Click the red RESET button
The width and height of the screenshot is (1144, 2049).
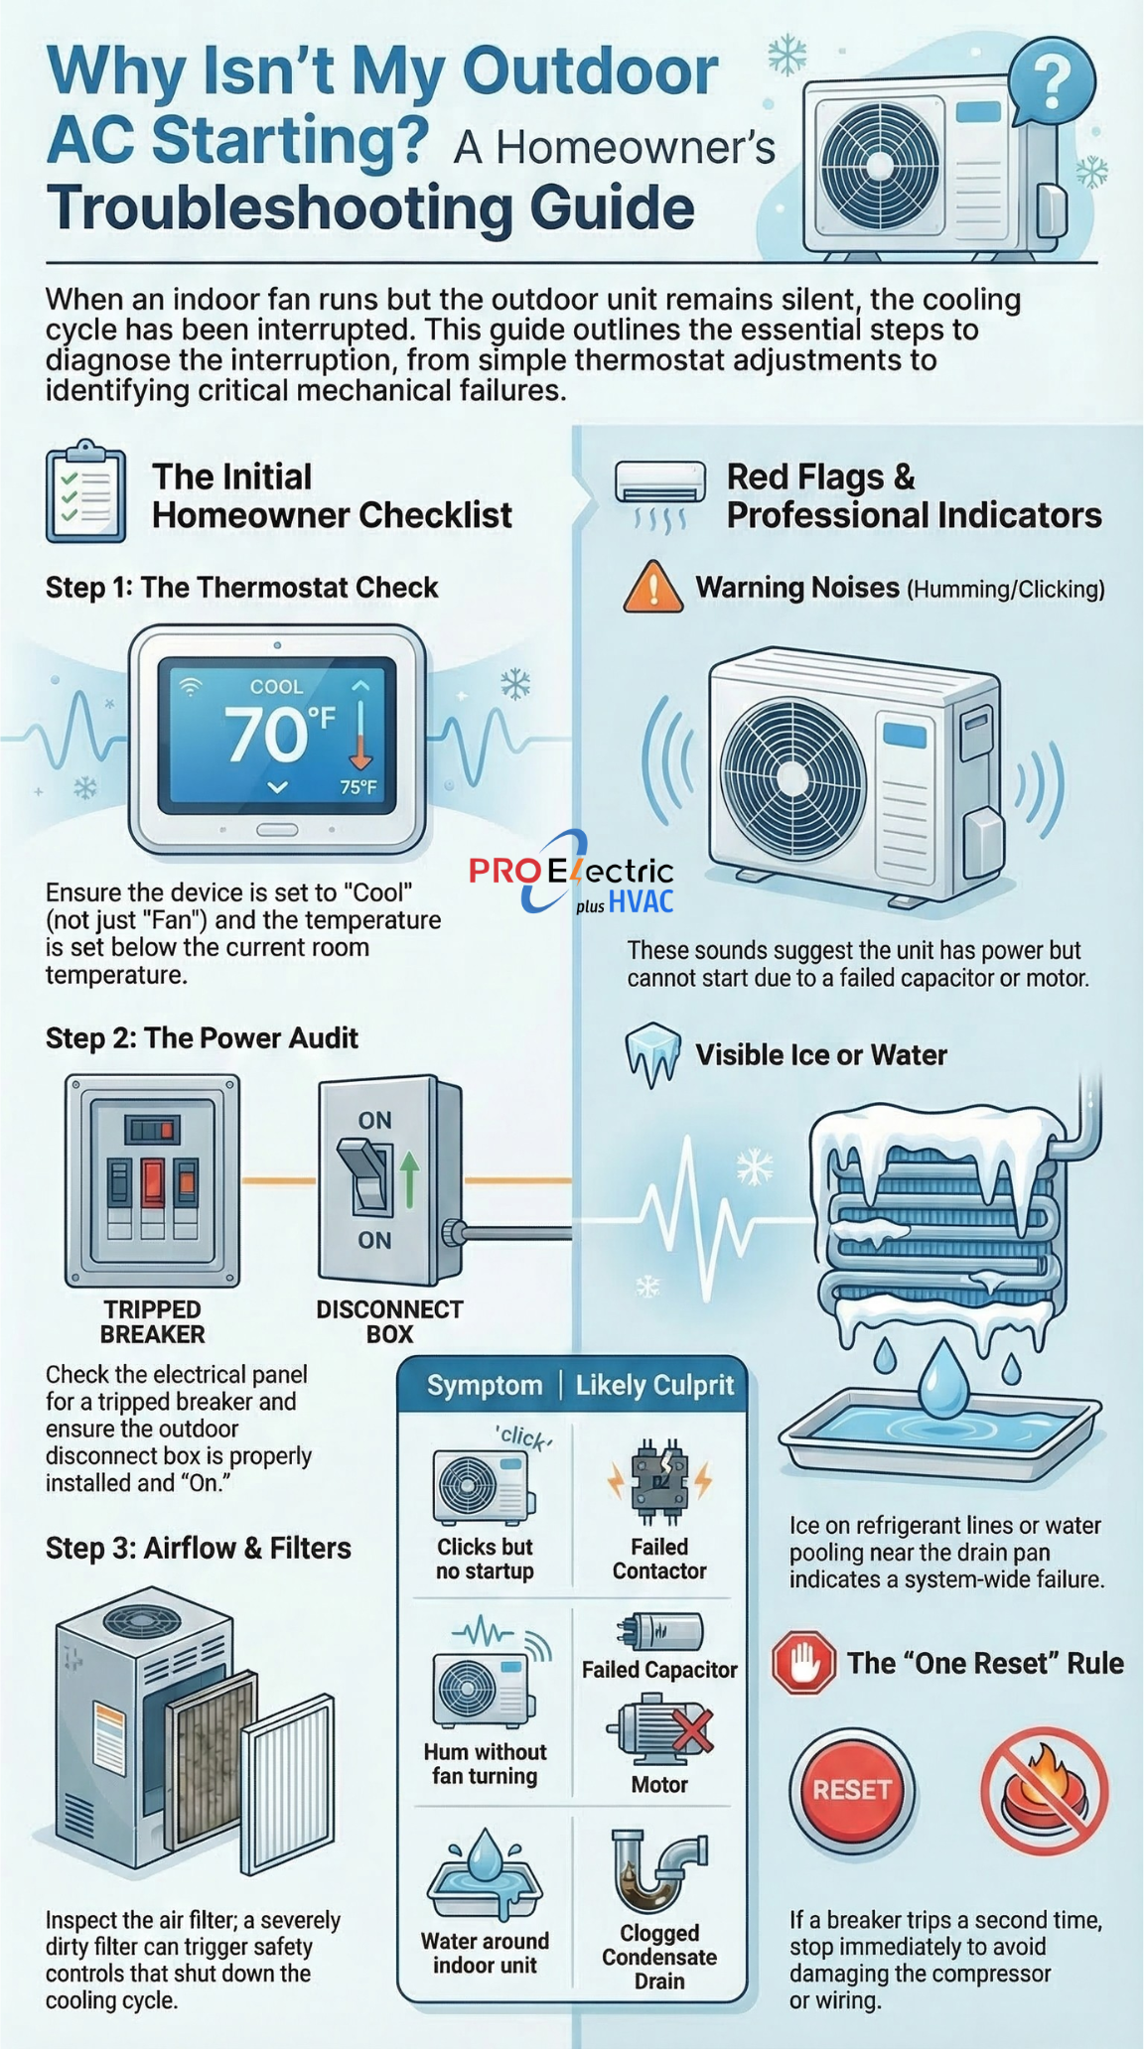pos(852,1789)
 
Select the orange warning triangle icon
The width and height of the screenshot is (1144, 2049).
pos(652,587)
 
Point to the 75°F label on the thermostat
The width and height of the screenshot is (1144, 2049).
pos(358,787)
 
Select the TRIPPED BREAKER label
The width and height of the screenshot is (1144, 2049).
pos(153,1321)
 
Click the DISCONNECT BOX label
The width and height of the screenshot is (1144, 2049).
pos(389,1321)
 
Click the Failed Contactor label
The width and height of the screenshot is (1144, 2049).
pos(659,1559)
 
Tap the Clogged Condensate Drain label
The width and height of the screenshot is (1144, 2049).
pos(659,1957)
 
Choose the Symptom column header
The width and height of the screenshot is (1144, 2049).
pos(485,1385)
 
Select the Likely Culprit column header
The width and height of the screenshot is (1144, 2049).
pos(654,1385)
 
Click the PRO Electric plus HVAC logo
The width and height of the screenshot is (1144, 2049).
pos(572,871)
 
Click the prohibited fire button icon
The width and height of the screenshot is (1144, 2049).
pos(1044,1791)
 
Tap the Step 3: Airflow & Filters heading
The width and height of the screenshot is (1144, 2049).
pos(199,1548)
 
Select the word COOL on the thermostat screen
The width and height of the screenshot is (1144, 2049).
pos(277,686)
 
